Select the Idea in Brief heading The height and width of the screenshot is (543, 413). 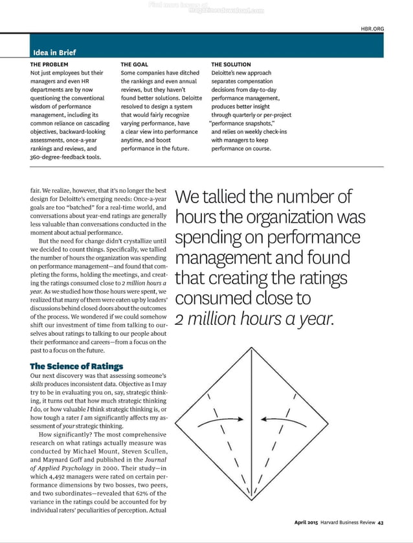[54, 52]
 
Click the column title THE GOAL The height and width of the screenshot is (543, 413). [134, 65]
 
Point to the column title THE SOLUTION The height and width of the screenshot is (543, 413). [231, 65]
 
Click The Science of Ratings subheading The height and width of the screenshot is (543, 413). [76, 366]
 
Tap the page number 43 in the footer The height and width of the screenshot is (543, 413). [381, 523]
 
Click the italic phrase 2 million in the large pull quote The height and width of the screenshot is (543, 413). [210, 319]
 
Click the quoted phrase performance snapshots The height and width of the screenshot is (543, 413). [243, 123]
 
